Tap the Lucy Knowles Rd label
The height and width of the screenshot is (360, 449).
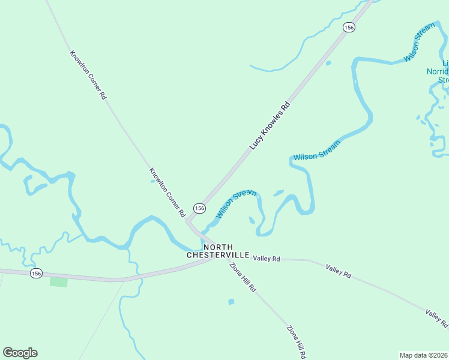coord(270,125)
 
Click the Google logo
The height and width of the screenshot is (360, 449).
coord(20,353)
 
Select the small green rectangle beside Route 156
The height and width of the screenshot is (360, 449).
coord(58,281)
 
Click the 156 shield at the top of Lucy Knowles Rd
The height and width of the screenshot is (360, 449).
coord(349,28)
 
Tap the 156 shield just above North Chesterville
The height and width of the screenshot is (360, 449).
coord(199,208)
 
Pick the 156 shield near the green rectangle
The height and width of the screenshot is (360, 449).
coord(37,273)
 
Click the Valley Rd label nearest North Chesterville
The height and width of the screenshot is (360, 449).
coord(267,259)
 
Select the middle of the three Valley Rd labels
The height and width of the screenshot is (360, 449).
coord(339,271)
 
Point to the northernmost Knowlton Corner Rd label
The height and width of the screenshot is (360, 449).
coord(88,74)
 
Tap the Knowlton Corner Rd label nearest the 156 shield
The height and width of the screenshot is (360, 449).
coord(167,192)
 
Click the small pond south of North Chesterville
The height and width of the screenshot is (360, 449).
coord(231,302)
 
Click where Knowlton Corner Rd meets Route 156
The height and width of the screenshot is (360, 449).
coord(188,223)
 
